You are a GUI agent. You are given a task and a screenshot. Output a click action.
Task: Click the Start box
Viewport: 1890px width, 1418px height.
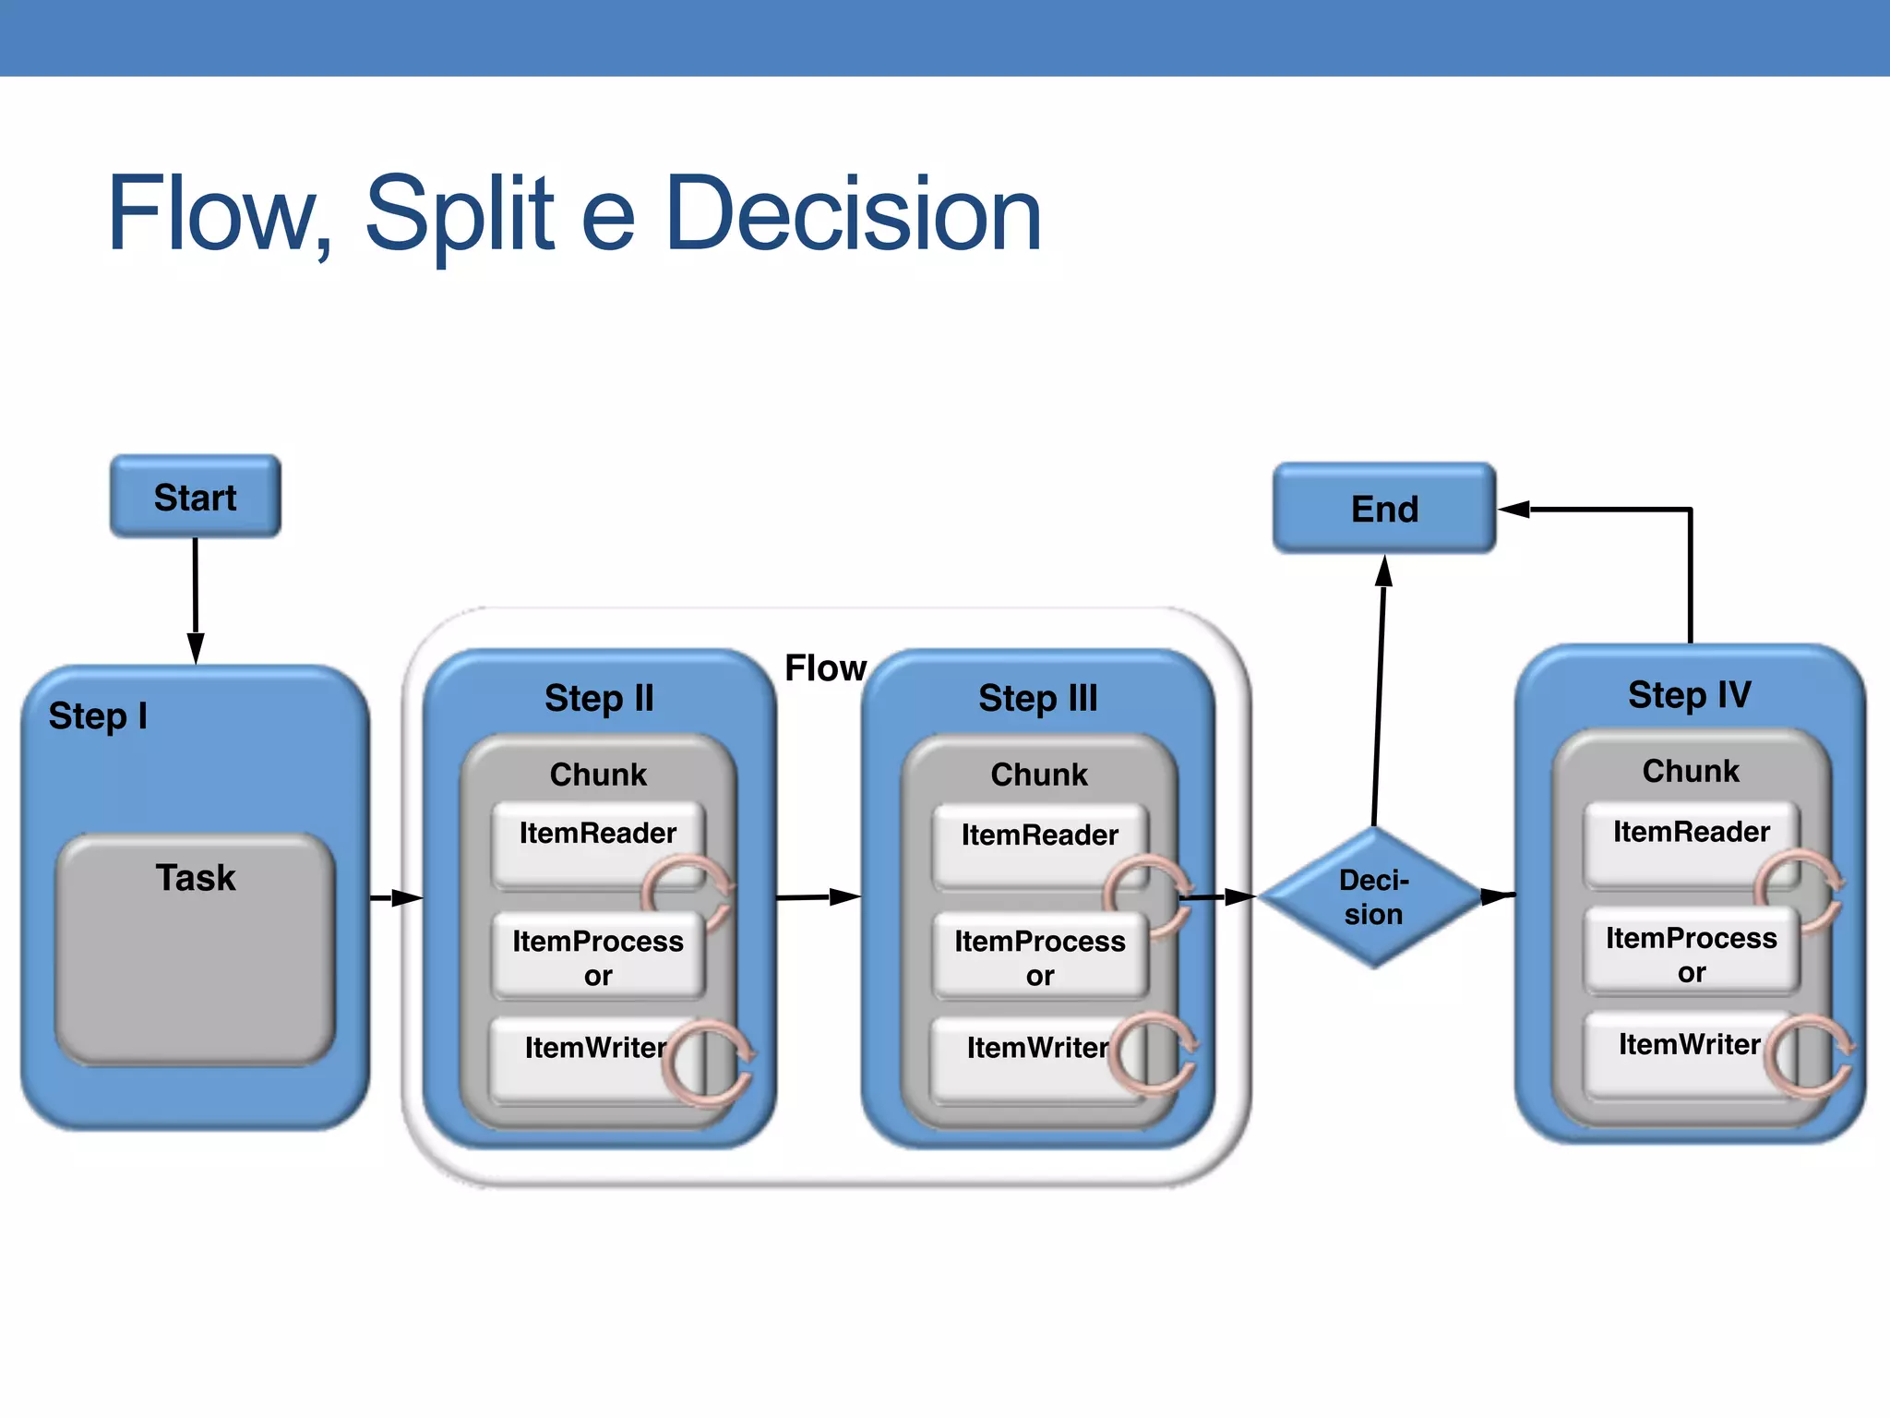point(195,497)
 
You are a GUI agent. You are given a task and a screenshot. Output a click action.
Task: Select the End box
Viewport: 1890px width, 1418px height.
point(1383,509)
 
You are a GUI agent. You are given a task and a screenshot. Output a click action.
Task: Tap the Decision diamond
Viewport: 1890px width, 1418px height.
point(1373,897)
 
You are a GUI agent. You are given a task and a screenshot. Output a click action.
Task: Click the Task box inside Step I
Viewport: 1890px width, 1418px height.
point(195,948)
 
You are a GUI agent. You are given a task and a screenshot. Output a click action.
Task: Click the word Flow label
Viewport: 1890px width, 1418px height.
point(824,668)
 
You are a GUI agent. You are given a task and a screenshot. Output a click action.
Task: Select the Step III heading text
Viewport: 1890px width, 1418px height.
point(1037,698)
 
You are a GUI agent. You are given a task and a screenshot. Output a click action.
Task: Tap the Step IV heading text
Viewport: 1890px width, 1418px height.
point(1689,695)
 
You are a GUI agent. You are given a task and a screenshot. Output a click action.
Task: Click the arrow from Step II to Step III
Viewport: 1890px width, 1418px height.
point(818,896)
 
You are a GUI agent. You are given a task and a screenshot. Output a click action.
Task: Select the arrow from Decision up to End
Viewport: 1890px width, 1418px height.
point(1379,692)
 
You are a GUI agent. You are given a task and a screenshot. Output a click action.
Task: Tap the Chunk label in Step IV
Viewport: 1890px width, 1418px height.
point(1690,771)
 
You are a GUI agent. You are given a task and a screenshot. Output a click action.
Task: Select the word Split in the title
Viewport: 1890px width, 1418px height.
point(459,214)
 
